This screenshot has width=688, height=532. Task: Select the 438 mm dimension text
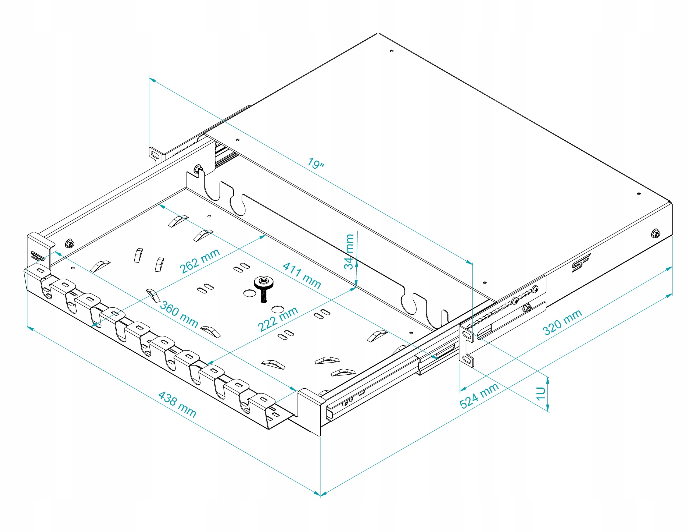point(177,404)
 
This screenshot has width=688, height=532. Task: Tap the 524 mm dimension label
point(479,395)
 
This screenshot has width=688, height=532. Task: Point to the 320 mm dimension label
point(562,322)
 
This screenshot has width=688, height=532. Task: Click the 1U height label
point(540,393)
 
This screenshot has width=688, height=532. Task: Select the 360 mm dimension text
point(179,314)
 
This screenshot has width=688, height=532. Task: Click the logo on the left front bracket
point(37,256)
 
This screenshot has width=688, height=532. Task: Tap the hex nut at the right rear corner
point(655,233)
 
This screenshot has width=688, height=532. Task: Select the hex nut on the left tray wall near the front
point(70,243)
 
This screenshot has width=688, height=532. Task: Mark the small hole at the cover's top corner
point(392,51)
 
